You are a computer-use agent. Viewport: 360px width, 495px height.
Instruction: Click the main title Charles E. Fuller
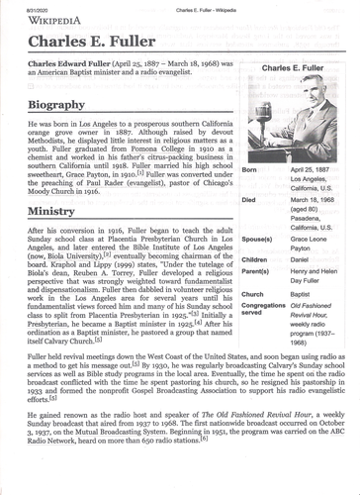click(x=83, y=45)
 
